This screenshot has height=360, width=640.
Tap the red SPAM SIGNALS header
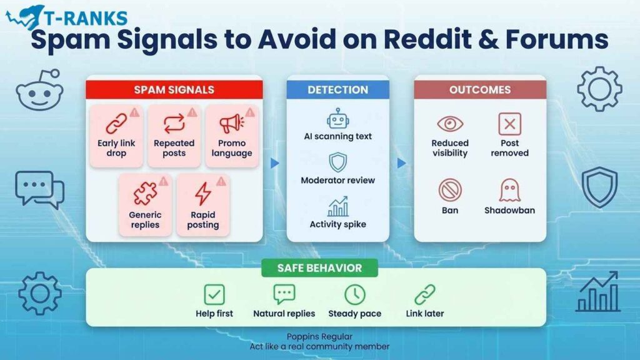pyautogui.click(x=174, y=89)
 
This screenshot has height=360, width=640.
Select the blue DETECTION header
pyautogui.click(x=337, y=89)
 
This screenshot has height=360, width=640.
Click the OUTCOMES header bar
pyautogui.click(x=479, y=89)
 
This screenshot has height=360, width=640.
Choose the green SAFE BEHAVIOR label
pyautogui.click(x=319, y=268)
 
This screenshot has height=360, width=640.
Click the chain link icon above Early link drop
pyautogui.click(x=116, y=124)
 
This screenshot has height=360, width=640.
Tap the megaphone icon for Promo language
pyautogui.click(x=231, y=124)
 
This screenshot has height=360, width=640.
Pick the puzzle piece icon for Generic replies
pyautogui.click(x=145, y=194)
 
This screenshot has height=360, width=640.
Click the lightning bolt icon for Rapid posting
pyautogui.click(x=202, y=194)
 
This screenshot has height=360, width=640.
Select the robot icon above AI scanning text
pyautogui.click(x=337, y=118)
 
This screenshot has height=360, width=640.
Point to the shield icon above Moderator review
pyautogui.click(x=337, y=162)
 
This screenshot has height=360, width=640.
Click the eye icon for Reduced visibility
pyautogui.click(x=450, y=124)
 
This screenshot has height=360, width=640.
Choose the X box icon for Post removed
pyautogui.click(x=509, y=124)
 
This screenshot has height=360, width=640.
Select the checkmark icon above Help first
pyautogui.click(x=214, y=294)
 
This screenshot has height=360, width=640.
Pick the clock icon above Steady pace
pyautogui.click(x=354, y=294)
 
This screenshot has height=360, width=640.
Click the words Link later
pyautogui.click(x=425, y=314)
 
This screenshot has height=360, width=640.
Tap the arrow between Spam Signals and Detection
pyautogui.click(x=274, y=164)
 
